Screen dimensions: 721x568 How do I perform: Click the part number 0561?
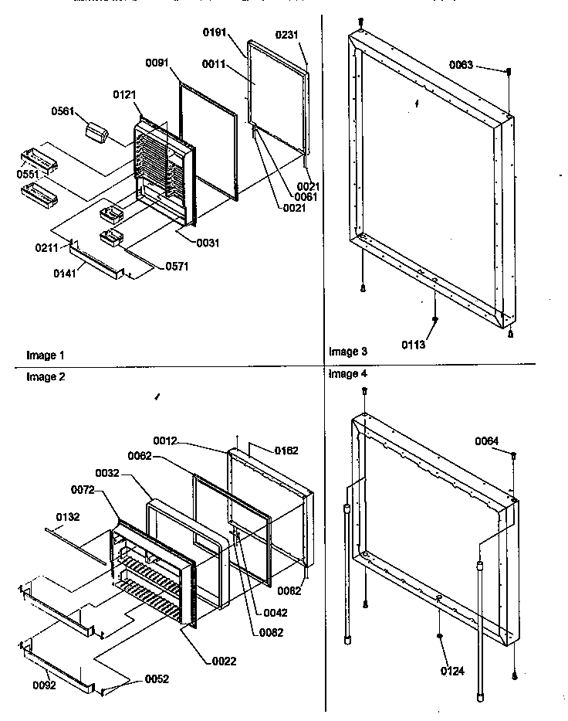tap(63, 111)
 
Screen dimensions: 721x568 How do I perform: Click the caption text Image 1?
tap(46, 355)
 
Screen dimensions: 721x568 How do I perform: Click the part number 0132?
tap(67, 517)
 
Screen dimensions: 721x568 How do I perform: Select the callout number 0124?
tap(452, 671)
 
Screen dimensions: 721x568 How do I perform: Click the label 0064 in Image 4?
tap(487, 440)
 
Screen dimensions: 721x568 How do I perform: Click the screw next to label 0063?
tap(509, 72)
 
